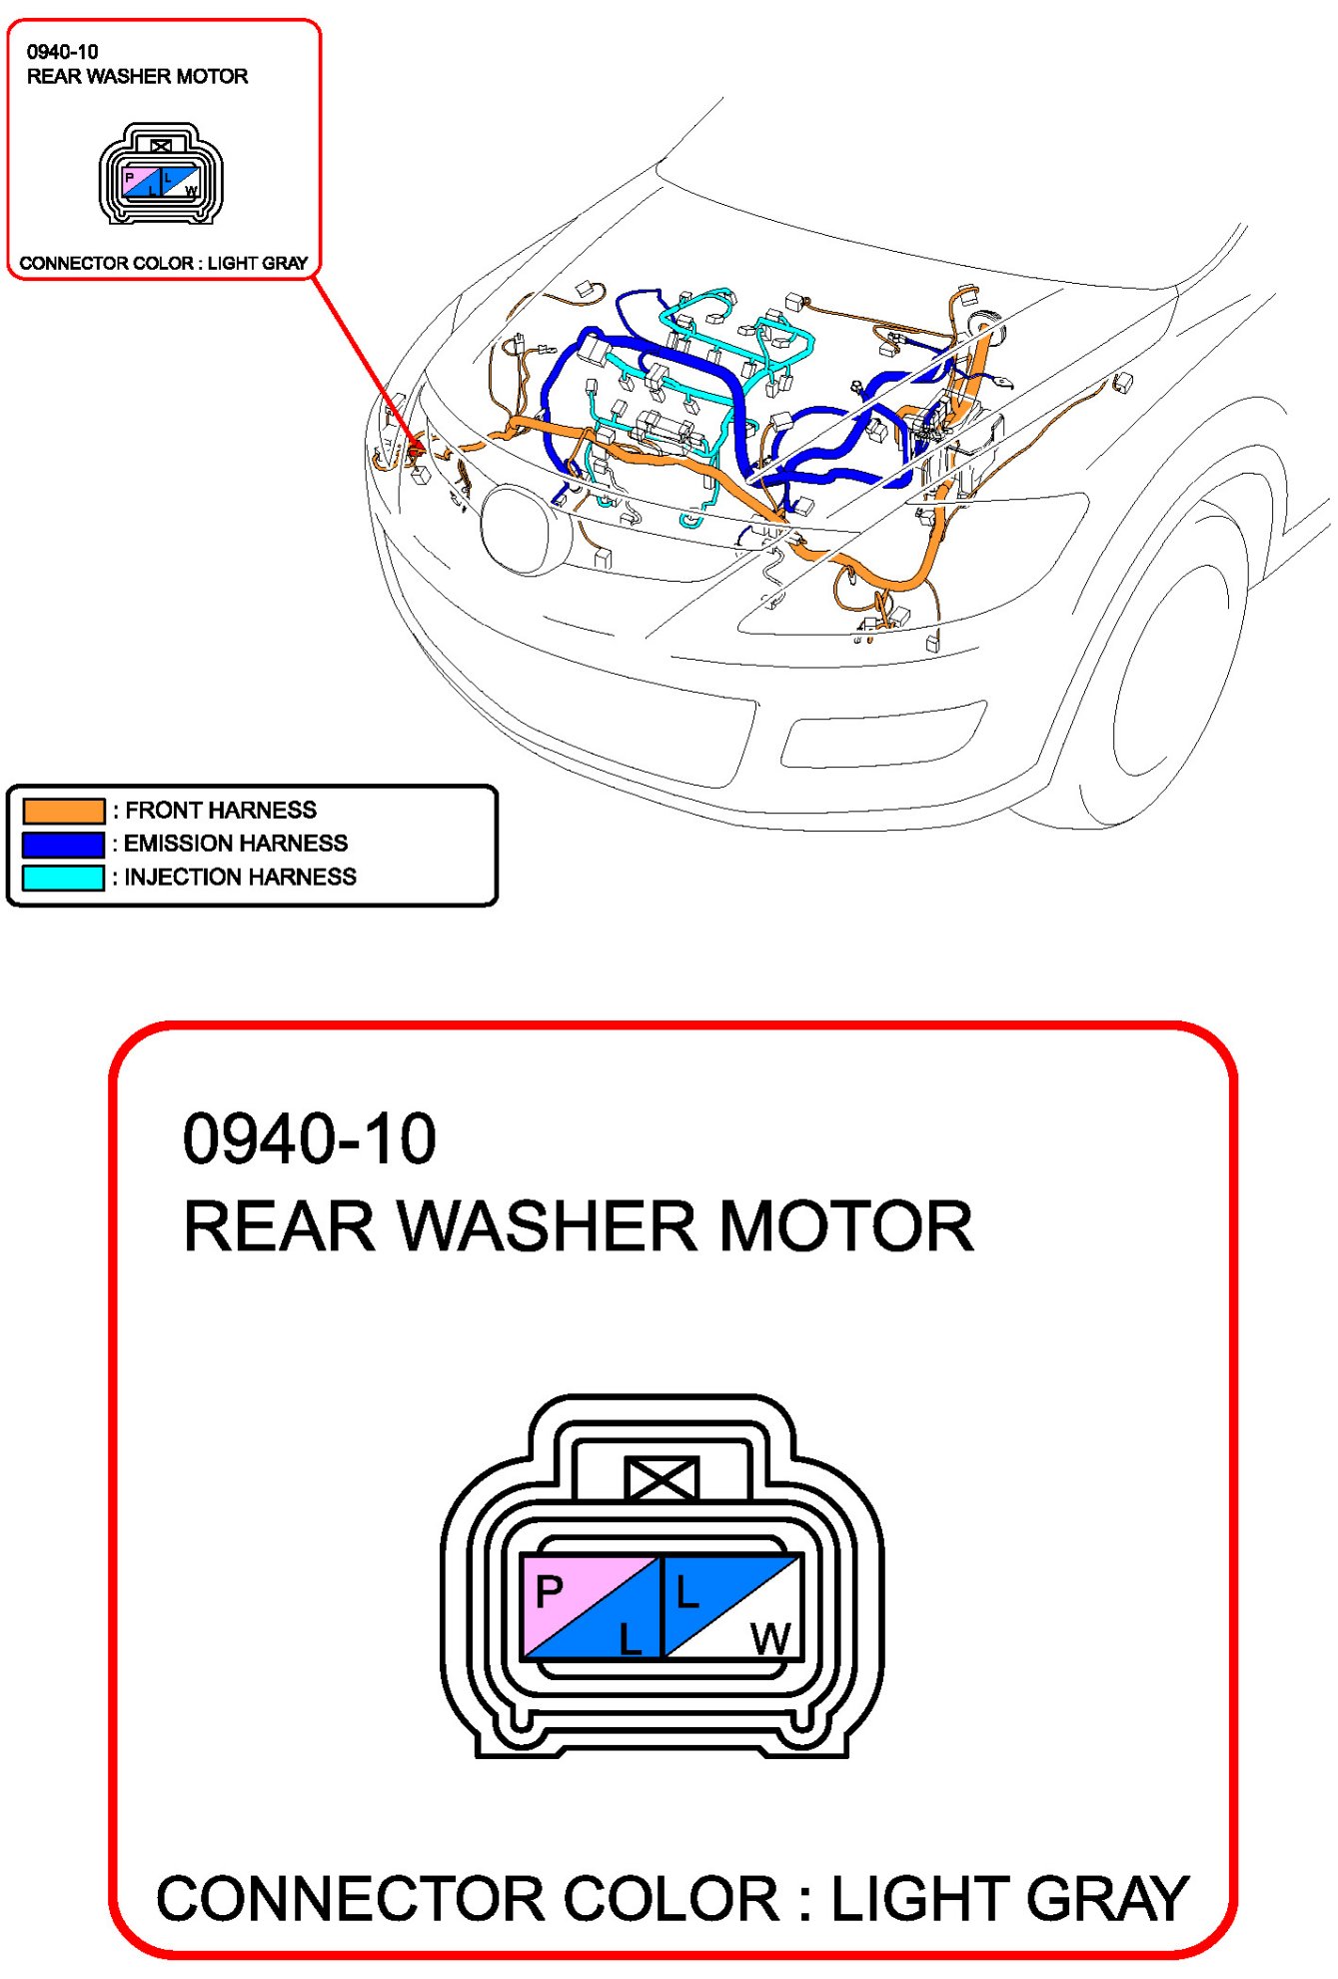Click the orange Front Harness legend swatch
[63, 810]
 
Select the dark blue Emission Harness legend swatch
[63, 844]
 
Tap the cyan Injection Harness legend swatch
[63, 878]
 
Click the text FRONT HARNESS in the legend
[221, 810]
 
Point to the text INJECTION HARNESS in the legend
[240, 877]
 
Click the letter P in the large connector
[550, 1590]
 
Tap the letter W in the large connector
[771, 1639]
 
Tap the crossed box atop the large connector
[662, 1478]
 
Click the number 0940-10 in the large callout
[310, 1138]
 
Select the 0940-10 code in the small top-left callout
[62, 52]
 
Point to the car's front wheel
[1179, 660]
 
